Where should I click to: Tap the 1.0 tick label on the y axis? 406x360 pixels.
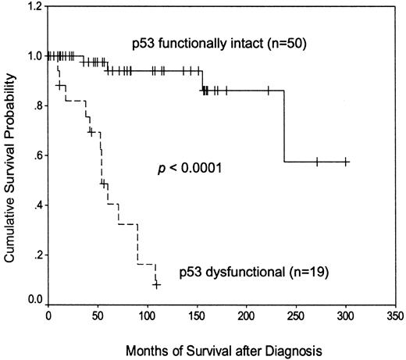pyautogui.click(x=35, y=56)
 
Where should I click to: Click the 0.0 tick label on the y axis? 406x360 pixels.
pyautogui.click(x=35, y=299)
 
